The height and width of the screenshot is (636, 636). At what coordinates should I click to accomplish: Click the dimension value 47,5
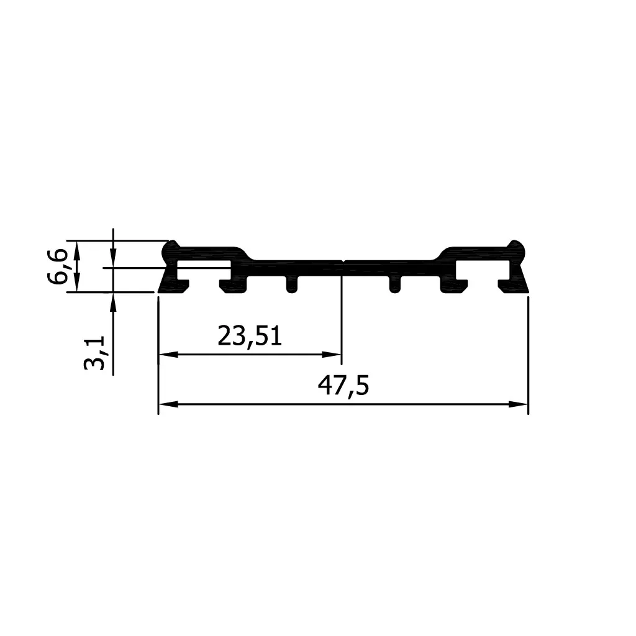pyautogui.click(x=343, y=386)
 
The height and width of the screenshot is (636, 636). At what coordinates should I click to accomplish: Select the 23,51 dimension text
pyautogui.click(x=250, y=336)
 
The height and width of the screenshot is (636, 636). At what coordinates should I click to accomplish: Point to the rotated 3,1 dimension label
pyautogui.click(x=94, y=353)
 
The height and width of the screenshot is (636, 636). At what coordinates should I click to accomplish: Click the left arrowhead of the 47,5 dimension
pyautogui.click(x=168, y=404)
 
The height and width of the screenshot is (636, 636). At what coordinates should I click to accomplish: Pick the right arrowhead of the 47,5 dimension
pyautogui.click(x=519, y=404)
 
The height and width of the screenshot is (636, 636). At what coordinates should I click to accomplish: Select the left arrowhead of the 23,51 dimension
pyautogui.click(x=168, y=355)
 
